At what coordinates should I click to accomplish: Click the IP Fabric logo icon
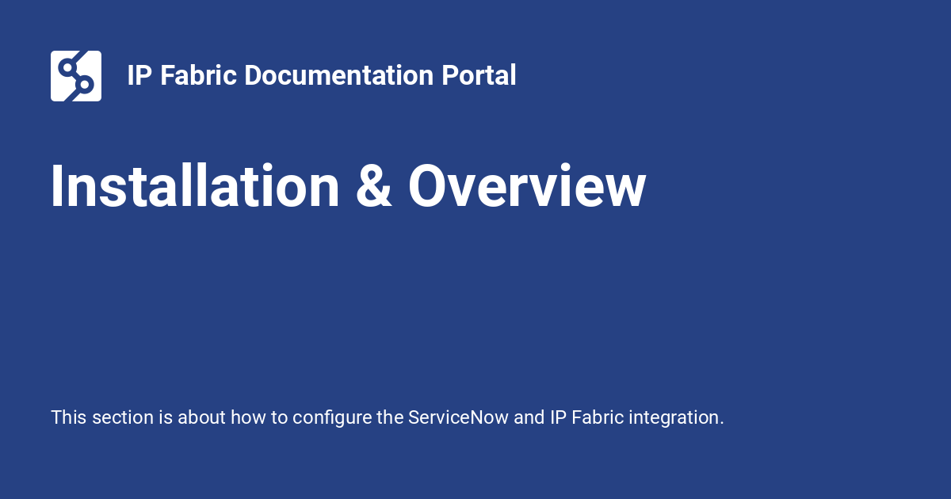coord(76,76)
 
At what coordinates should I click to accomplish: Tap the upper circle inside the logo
coord(67,67)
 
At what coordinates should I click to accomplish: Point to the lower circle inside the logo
coord(85,85)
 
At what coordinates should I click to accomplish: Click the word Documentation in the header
coord(338,75)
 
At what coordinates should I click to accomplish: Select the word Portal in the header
coord(479,75)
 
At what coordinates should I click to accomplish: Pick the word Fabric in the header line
coord(198,75)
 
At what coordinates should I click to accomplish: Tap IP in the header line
coord(139,75)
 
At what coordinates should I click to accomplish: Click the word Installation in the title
coord(195,186)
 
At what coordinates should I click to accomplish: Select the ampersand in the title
coord(373,186)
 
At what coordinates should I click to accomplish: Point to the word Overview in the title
coord(527,186)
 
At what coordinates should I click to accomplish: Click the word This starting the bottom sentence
coord(69,417)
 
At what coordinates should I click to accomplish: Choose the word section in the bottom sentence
coord(123,417)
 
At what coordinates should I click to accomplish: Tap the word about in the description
coord(201,417)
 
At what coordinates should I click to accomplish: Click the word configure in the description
coord(332,418)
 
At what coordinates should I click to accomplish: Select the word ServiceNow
coord(458,417)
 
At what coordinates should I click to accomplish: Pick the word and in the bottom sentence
coord(529,417)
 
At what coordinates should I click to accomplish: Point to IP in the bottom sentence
coord(558,417)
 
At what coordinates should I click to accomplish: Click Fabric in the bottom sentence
coord(598,417)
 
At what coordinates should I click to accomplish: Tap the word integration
coord(676,418)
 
